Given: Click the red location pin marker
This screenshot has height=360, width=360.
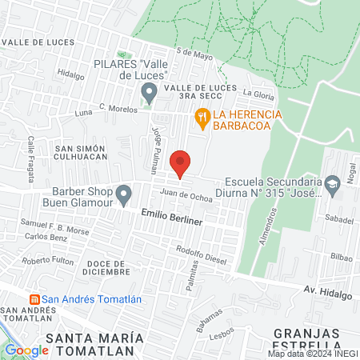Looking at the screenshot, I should (x=181, y=163).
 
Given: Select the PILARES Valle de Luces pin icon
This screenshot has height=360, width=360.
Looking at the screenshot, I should (x=147, y=94).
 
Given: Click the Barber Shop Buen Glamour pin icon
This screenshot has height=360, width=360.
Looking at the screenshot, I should (x=123, y=194).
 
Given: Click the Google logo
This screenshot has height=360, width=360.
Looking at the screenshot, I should (x=26, y=350).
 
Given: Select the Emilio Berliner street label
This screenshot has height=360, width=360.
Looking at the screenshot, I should (x=171, y=216).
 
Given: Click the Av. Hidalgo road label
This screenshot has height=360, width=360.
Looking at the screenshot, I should (x=327, y=293).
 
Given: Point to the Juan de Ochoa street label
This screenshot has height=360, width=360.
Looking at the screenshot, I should (x=186, y=195).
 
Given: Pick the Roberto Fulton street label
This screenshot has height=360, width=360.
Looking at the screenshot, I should (x=48, y=262).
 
